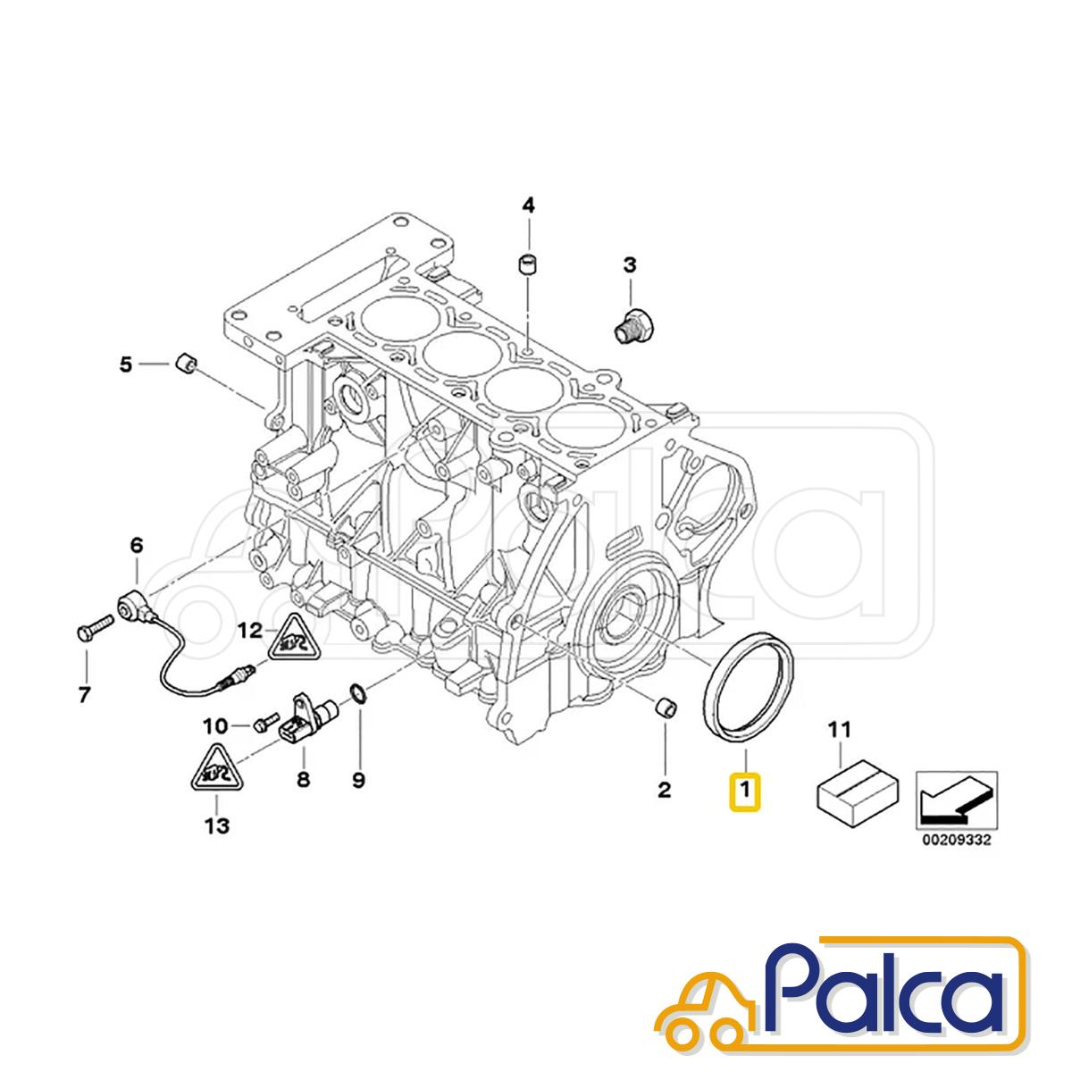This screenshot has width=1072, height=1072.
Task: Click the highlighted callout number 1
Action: (x=744, y=789)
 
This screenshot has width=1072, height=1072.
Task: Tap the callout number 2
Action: (x=665, y=789)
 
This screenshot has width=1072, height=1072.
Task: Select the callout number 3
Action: (x=629, y=265)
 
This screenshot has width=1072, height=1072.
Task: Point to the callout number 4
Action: (x=528, y=205)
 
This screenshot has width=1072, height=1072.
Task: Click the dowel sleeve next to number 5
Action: (x=185, y=364)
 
